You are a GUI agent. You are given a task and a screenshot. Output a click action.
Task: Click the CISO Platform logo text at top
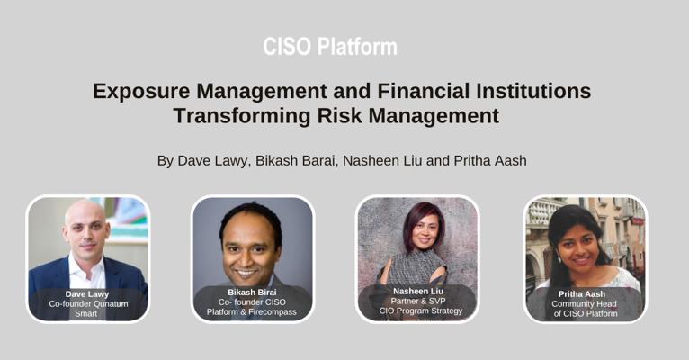(330, 47)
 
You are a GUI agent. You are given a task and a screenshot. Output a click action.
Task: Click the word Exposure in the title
(141, 92)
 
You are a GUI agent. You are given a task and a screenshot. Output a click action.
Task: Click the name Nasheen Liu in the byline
(383, 161)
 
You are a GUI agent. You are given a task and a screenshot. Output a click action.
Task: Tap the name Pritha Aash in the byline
(490, 161)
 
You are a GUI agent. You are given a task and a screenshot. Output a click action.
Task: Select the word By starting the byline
(166, 161)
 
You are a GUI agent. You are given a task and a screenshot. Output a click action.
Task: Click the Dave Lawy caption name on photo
(87, 294)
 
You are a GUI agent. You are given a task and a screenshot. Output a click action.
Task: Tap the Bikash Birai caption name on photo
(252, 292)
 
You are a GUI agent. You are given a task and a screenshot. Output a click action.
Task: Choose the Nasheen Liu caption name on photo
(418, 291)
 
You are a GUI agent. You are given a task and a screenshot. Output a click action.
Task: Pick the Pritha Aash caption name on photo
(582, 294)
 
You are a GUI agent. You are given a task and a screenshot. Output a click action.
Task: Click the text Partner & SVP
(418, 301)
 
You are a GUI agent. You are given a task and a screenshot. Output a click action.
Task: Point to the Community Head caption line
(584, 303)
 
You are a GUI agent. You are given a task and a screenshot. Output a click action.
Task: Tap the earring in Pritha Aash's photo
(559, 257)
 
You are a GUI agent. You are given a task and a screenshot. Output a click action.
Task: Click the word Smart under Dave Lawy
(85, 313)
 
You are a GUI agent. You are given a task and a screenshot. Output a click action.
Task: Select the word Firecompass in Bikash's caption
(273, 312)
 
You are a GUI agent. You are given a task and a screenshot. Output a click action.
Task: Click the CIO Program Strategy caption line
(421, 310)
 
